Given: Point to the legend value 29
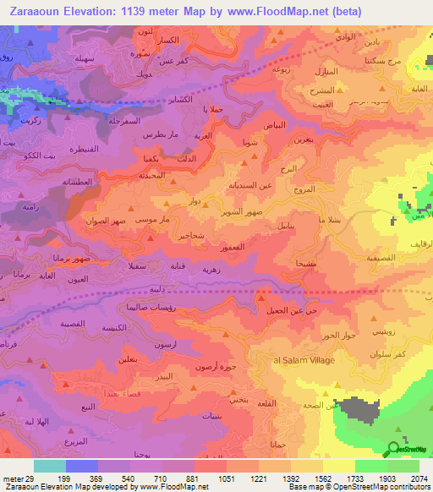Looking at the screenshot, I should point(30,478).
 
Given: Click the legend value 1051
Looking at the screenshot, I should point(226,478).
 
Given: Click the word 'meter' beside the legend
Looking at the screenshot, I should point(12,478).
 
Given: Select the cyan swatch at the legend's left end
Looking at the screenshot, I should point(49,466).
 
